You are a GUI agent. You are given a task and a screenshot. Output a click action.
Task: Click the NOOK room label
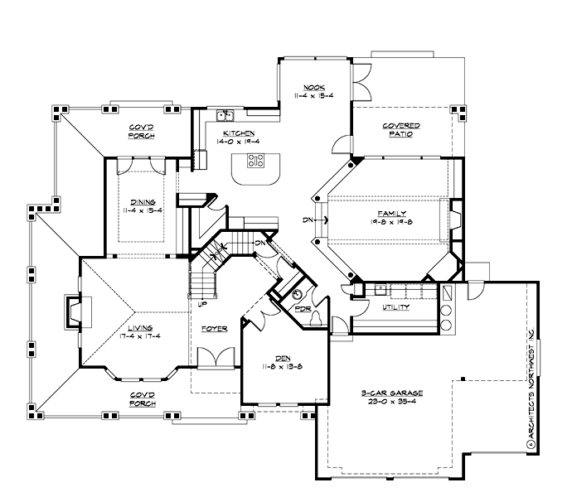313,87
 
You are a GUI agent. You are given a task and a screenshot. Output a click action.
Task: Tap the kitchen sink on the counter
224,116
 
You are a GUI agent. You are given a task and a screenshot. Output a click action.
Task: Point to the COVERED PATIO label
400,129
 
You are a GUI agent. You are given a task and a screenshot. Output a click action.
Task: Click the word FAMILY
389,213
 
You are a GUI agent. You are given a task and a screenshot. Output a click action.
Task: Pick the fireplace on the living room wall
72,314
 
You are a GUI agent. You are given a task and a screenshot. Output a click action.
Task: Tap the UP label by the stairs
201,304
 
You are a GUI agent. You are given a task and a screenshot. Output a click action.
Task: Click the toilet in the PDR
298,295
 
